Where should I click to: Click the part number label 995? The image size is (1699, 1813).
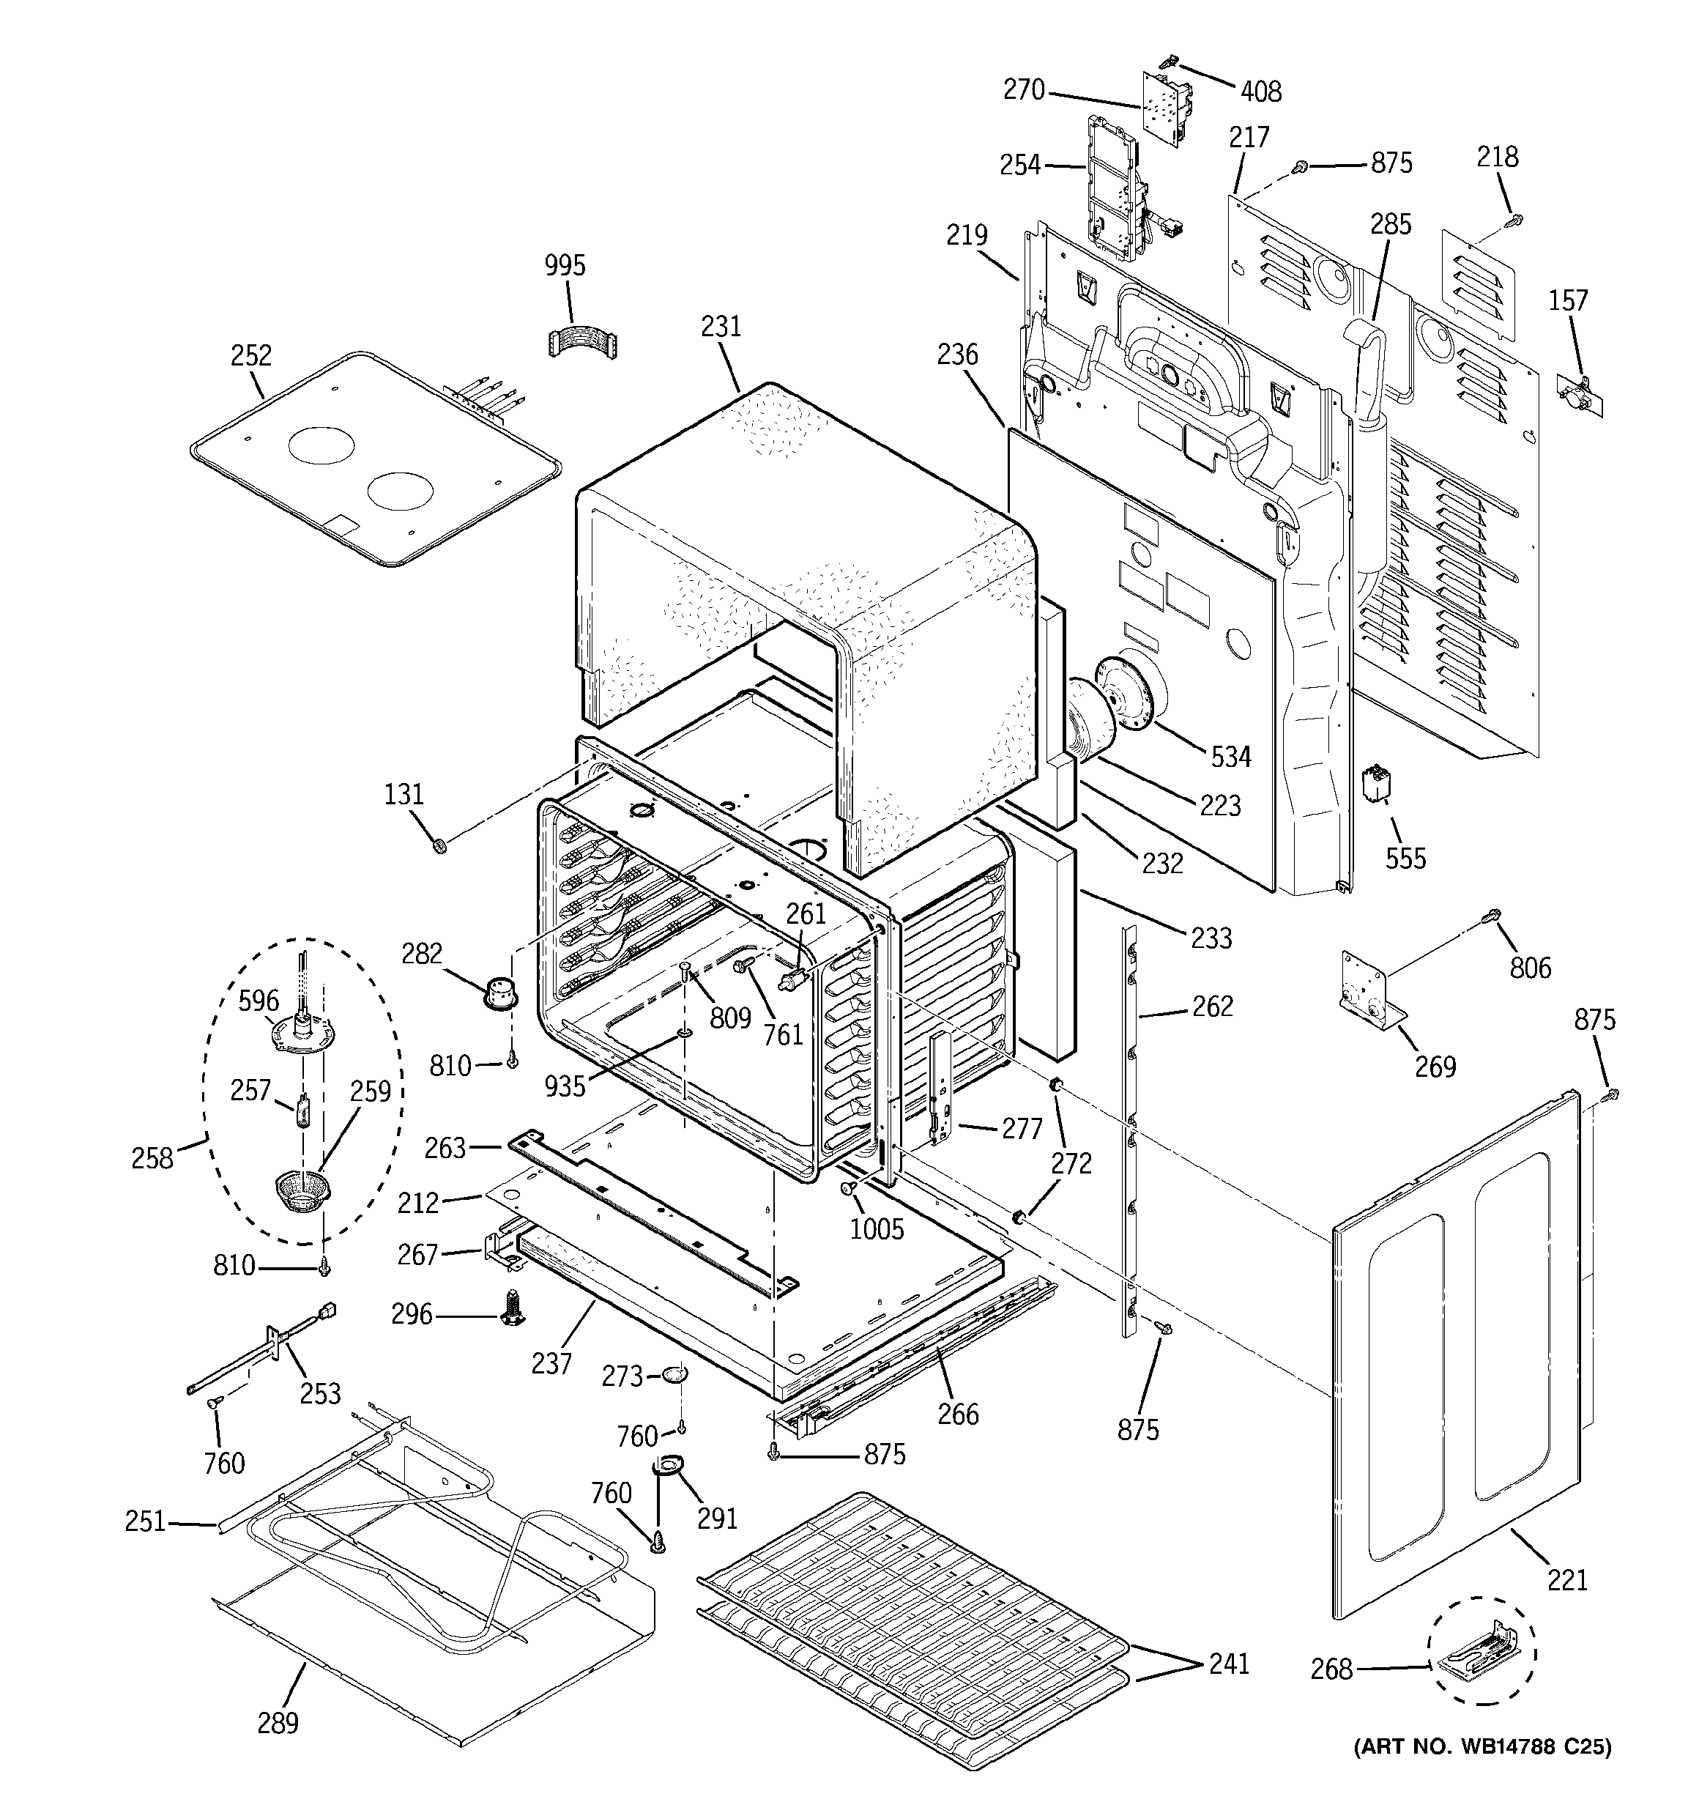(565, 265)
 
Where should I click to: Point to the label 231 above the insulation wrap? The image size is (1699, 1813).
(721, 325)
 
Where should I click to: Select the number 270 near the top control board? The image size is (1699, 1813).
(1023, 89)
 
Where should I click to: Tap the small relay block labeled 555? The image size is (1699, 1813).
(1376, 783)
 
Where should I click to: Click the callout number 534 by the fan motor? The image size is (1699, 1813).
(1230, 756)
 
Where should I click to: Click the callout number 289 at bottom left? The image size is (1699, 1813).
(278, 1723)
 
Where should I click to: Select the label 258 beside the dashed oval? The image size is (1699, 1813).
(152, 1158)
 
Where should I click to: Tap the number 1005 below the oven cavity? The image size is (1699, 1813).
(877, 1228)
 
